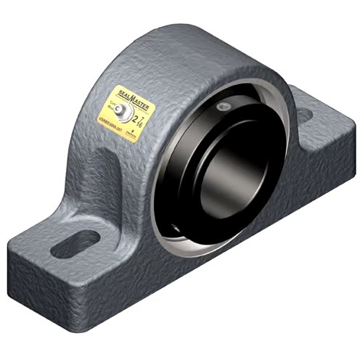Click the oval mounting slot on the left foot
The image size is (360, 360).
(85, 237)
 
